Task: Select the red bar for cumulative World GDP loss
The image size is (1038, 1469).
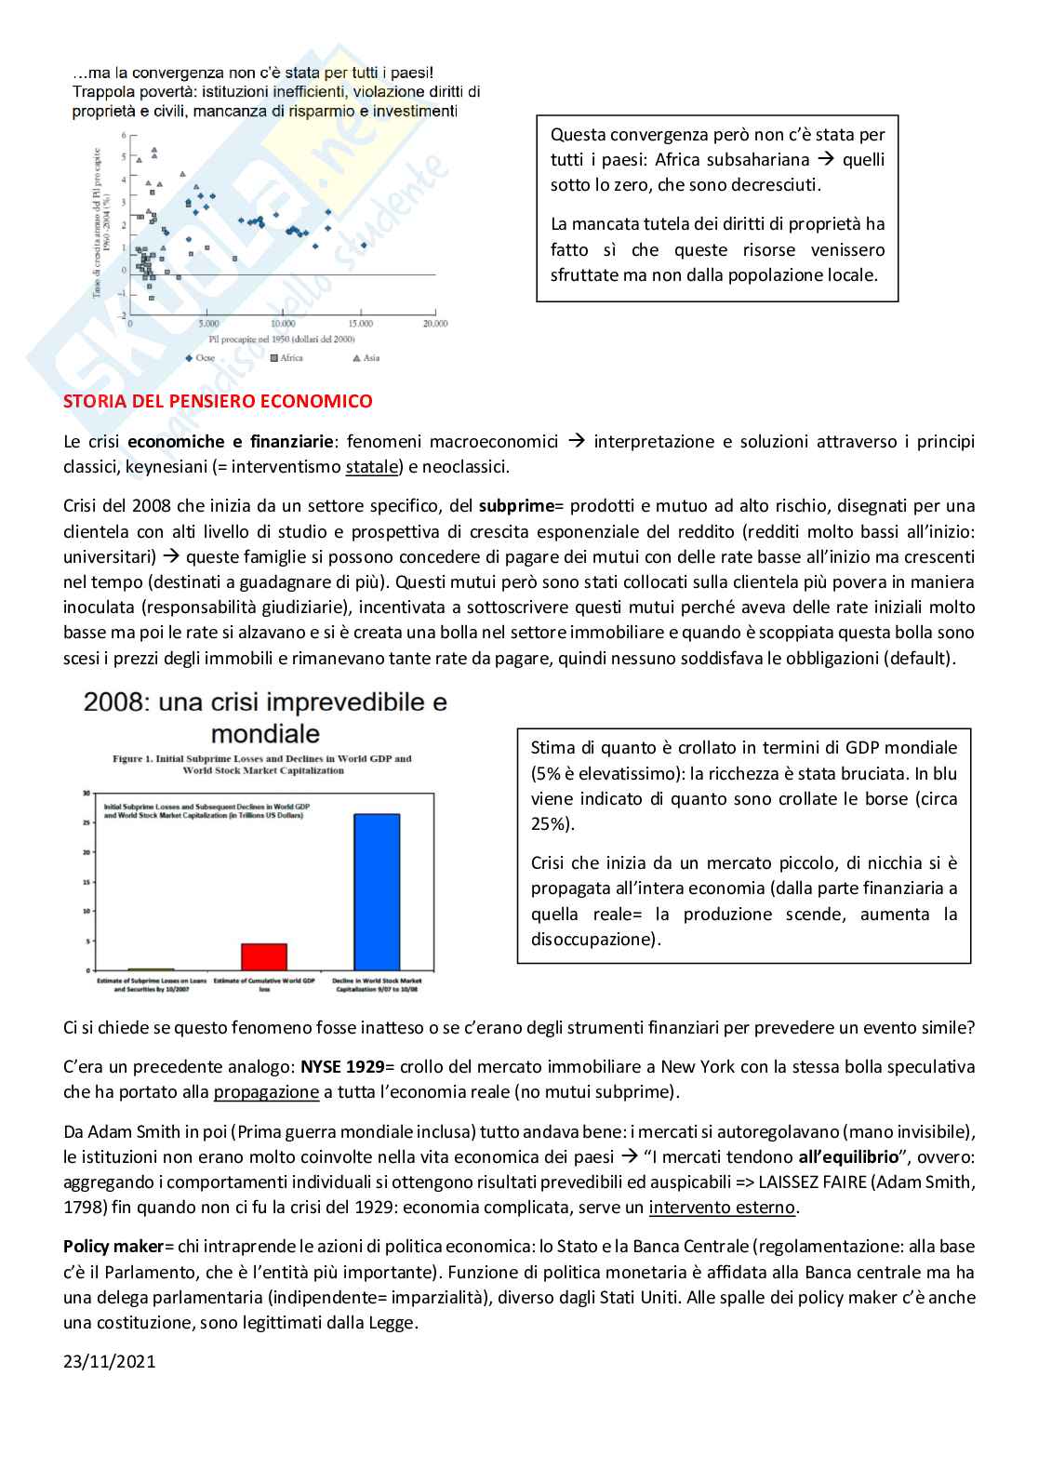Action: point(264,956)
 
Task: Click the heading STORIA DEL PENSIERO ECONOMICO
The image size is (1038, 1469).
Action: point(218,401)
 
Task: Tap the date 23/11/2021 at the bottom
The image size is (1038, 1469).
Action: point(110,1361)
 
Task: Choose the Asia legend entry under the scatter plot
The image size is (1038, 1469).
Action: point(366,358)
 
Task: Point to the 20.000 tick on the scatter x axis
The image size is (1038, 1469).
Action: point(434,324)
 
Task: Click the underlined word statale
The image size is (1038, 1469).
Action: point(371,467)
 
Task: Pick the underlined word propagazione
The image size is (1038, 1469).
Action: point(266,1092)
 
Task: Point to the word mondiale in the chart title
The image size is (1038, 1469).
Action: point(266,733)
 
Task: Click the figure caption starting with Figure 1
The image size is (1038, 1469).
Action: point(262,764)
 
